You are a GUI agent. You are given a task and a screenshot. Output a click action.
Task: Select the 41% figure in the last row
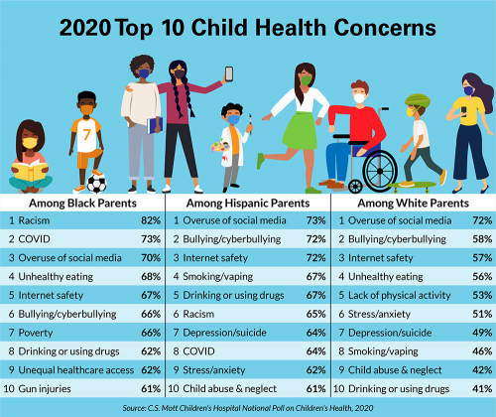click(479, 388)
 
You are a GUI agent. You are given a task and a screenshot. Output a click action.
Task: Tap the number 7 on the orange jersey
click(86, 133)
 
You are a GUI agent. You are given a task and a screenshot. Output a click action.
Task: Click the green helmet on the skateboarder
click(414, 102)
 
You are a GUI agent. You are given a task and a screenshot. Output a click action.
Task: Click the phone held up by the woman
click(228, 73)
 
